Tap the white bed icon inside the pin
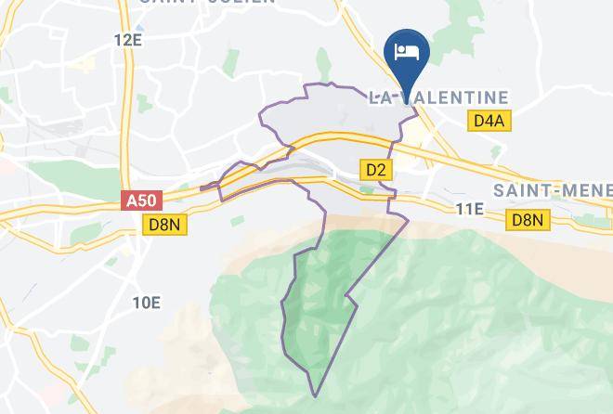[x=406, y=50]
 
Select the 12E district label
[x=127, y=40]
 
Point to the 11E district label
[x=471, y=209]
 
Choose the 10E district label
[x=146, y=303]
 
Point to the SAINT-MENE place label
[x=552, y=190]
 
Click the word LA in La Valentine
[x=381, y=97]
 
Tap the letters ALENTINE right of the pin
[x=464, y=97]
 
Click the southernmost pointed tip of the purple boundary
[x=315, y=395]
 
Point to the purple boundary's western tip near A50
[x=202, y=188]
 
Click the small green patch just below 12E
[x=83, y=65]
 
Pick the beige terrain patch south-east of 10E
[x=195, y=343]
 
